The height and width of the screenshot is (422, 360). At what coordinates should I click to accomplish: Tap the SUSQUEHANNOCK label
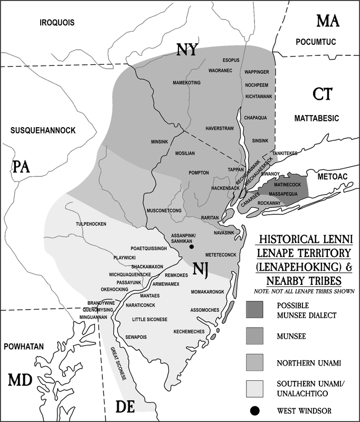[46, 130]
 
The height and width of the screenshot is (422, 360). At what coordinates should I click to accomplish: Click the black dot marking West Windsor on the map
[192, 246]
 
